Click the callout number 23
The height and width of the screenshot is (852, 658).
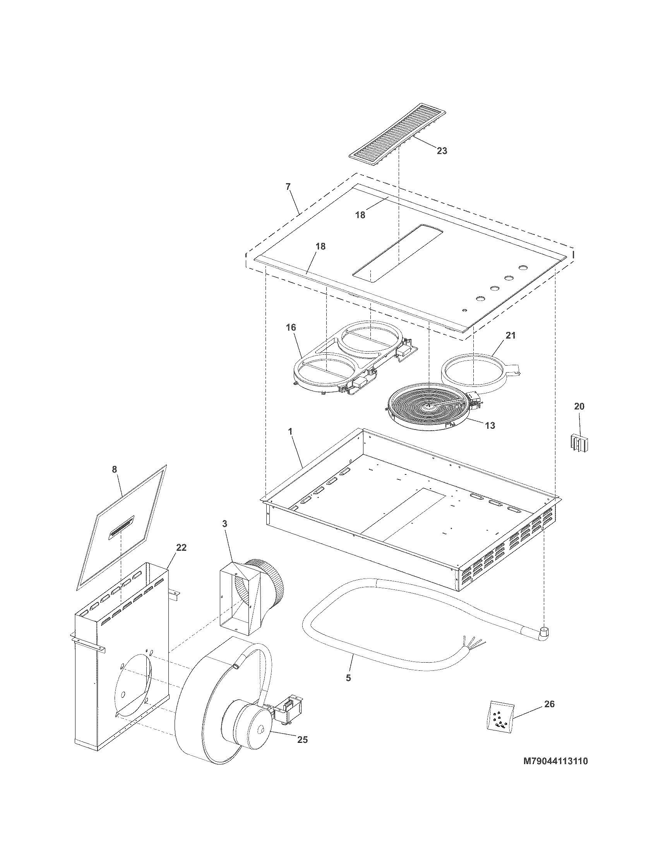pos(442,151)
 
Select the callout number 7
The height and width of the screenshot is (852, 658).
pos(288,187)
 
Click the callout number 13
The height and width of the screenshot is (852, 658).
pos(490,426)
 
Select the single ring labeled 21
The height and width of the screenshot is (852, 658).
pos(473,373)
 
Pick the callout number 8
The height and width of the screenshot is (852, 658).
pos(114,469)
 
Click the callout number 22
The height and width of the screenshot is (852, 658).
pos(181,548)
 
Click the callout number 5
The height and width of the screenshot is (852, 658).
pos(348,678)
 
